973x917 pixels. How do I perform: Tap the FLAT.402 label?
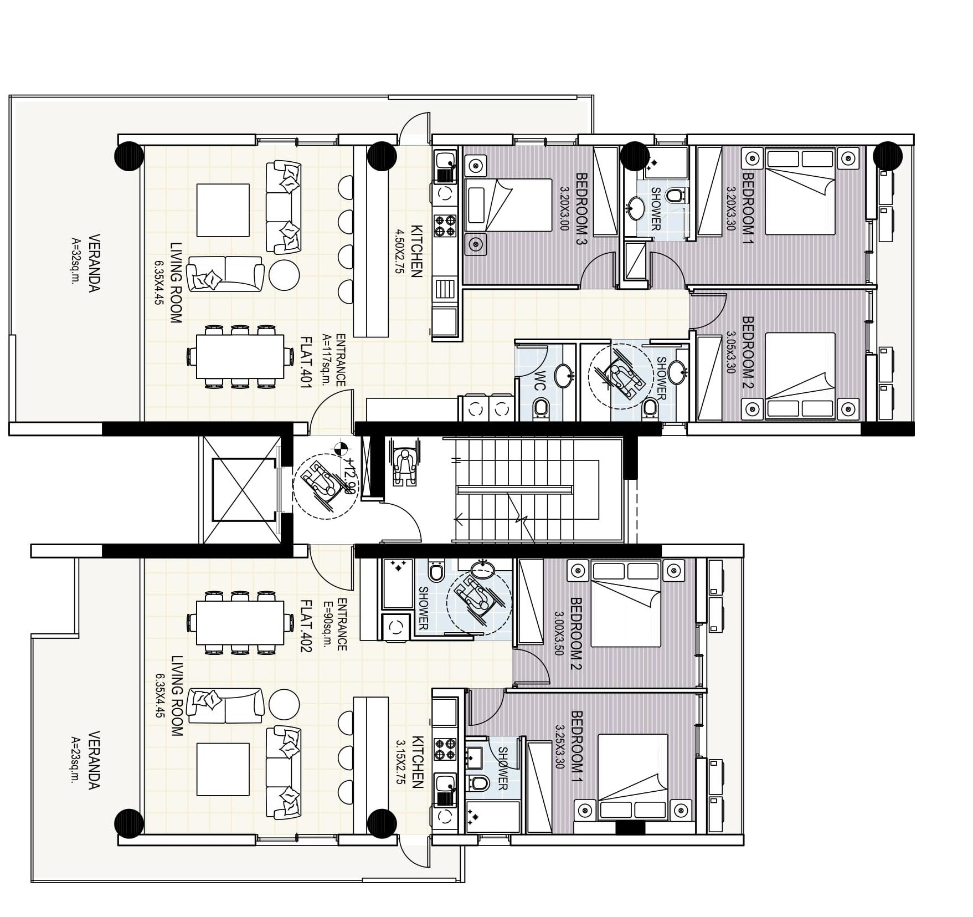pyautogui.click(x=305, y=626)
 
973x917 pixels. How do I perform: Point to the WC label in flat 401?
pyautogui.click(x=540, y=381)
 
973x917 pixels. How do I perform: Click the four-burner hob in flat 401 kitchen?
pyautogui.click(x=445, y=226)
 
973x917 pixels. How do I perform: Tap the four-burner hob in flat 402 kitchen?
pyautogui.click(x=445, y=750)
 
